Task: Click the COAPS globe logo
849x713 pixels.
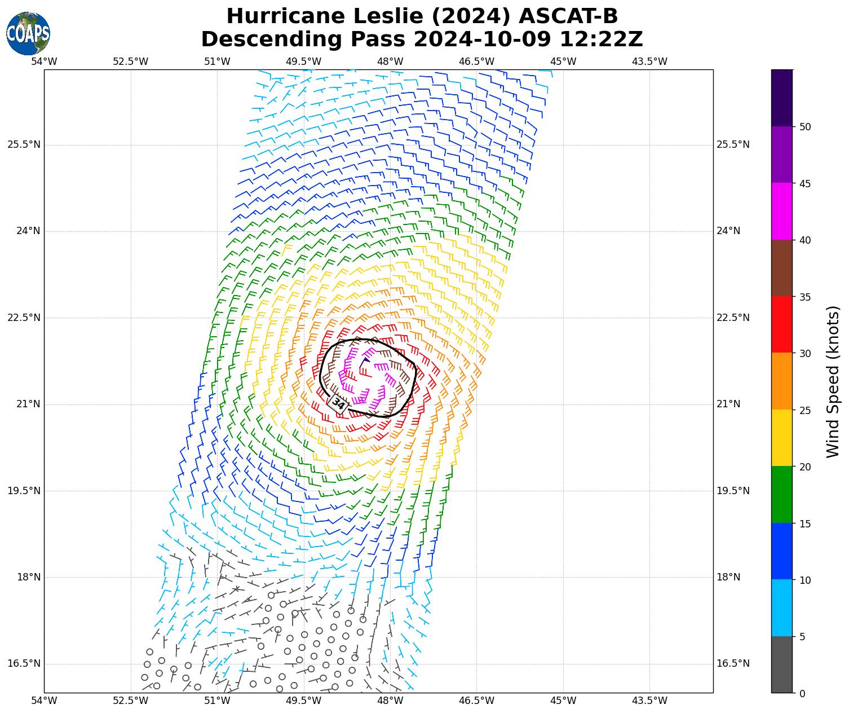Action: [28, 33]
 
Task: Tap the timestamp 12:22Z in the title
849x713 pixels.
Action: [601, 39]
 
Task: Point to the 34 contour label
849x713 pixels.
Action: [338, 403]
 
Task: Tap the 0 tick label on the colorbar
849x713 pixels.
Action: [802, 693]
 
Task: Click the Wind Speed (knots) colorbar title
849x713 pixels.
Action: [833, 381]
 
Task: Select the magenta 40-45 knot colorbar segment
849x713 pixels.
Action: [782, 211]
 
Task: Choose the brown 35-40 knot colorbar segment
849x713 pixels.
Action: [782, 268]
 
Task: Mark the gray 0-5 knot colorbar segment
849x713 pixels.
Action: [782, 664]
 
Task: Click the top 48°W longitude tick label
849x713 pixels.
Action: [390, 61]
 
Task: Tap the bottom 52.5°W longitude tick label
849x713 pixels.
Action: [131, 701]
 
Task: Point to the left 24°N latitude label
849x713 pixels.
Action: [24, 231]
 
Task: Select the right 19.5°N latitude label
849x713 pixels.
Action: [733, 491]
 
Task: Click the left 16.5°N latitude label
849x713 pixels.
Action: [24, 663]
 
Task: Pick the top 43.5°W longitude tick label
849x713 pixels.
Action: [650, 61]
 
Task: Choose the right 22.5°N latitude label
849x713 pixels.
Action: [733, 318]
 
